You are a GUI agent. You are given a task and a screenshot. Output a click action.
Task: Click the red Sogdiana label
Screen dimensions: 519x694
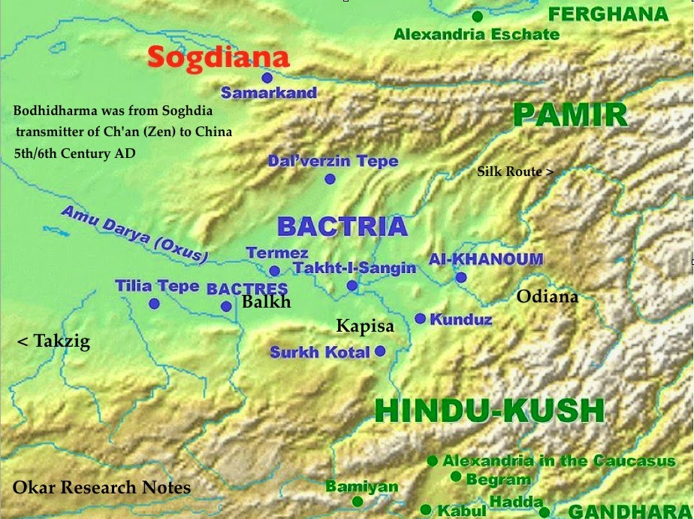tap(218, 58)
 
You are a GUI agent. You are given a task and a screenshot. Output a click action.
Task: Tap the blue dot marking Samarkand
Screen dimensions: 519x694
tap(267, 77)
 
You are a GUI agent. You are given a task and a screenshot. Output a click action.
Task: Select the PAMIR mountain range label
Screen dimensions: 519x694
tap(570, 115)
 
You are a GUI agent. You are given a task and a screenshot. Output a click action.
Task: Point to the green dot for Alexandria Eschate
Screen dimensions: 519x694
tap(477, 16)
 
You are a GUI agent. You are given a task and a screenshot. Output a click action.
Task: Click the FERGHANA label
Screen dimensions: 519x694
tap(608, 14)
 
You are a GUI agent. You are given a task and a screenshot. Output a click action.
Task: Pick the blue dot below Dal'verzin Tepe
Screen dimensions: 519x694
tap(330, 178)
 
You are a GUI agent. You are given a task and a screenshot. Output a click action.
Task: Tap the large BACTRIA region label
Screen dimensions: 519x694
tap(342, 226)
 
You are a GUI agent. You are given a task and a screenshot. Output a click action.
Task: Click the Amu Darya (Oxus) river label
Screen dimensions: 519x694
tap(135, 234)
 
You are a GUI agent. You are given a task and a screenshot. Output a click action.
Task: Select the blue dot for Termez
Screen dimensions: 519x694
tap(275, 271)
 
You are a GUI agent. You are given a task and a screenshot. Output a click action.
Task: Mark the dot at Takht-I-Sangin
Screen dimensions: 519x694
tap(352, 285)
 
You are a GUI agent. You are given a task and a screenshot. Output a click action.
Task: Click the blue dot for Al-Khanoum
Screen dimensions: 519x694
tap(461, 278)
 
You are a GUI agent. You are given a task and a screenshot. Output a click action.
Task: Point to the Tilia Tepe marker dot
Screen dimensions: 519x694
tap(154, 303)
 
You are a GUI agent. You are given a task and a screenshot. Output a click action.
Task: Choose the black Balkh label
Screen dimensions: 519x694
tap(266, 302)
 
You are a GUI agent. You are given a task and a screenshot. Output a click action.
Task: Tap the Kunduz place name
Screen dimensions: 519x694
tap(460, 320)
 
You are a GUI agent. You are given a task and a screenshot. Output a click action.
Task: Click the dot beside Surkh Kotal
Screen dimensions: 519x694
tap(380, 351)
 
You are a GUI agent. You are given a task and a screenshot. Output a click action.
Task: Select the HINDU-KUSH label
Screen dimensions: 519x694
tap(489, 411)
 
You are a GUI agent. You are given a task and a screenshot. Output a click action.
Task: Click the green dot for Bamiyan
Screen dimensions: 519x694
tap(358, 501)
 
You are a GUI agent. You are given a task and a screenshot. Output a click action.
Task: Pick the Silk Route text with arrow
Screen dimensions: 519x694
tap(515, 171)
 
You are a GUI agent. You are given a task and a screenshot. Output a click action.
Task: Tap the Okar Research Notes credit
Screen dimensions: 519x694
tap(101, 487)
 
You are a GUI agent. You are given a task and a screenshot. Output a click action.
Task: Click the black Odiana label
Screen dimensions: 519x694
tap(548, 296)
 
